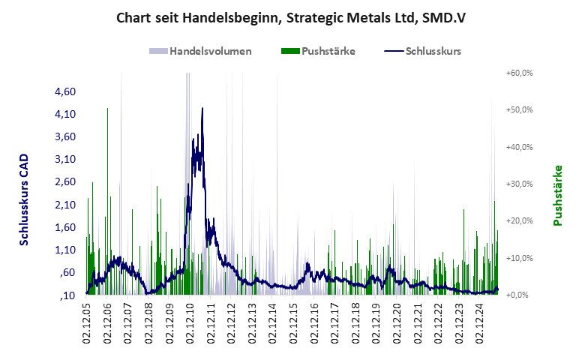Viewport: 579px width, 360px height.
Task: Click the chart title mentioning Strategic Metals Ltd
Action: tap(289, 16)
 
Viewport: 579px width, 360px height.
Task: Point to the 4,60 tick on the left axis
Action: tap(66, 91)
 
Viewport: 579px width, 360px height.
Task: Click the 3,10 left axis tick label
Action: tap(66, 159)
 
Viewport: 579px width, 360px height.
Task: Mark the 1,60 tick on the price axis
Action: tap(66, 227)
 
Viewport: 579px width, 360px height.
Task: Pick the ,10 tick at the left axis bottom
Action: tap(67, 295)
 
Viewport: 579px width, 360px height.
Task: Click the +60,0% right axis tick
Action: tap(518, 73)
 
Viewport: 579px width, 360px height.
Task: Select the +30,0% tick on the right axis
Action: tap(518, 184)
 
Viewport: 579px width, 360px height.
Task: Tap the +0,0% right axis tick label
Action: tap(520, 295)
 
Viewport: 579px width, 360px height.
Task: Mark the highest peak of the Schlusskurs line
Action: tap(202, 108)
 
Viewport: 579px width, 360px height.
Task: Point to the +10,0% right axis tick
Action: tap(518, 258)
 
